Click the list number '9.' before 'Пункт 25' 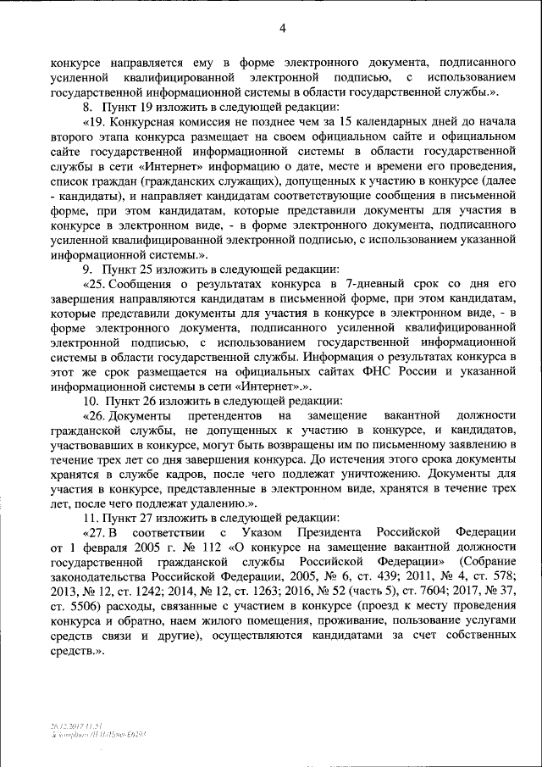coord(86,268)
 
